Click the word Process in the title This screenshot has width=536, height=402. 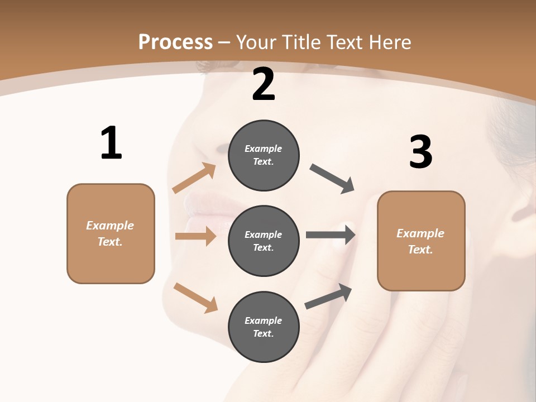(175, 42)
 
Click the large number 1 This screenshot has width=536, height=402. (111, 143)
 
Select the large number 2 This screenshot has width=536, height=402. (264, 84)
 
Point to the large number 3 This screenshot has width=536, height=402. (420, 152)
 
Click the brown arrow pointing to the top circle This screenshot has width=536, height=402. (194, 178)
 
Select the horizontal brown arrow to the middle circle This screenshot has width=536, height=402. (195, 236)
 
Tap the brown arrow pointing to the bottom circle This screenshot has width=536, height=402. (195, 297)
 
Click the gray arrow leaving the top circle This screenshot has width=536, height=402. (332, 179)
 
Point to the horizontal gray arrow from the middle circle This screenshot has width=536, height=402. (331, 234)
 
